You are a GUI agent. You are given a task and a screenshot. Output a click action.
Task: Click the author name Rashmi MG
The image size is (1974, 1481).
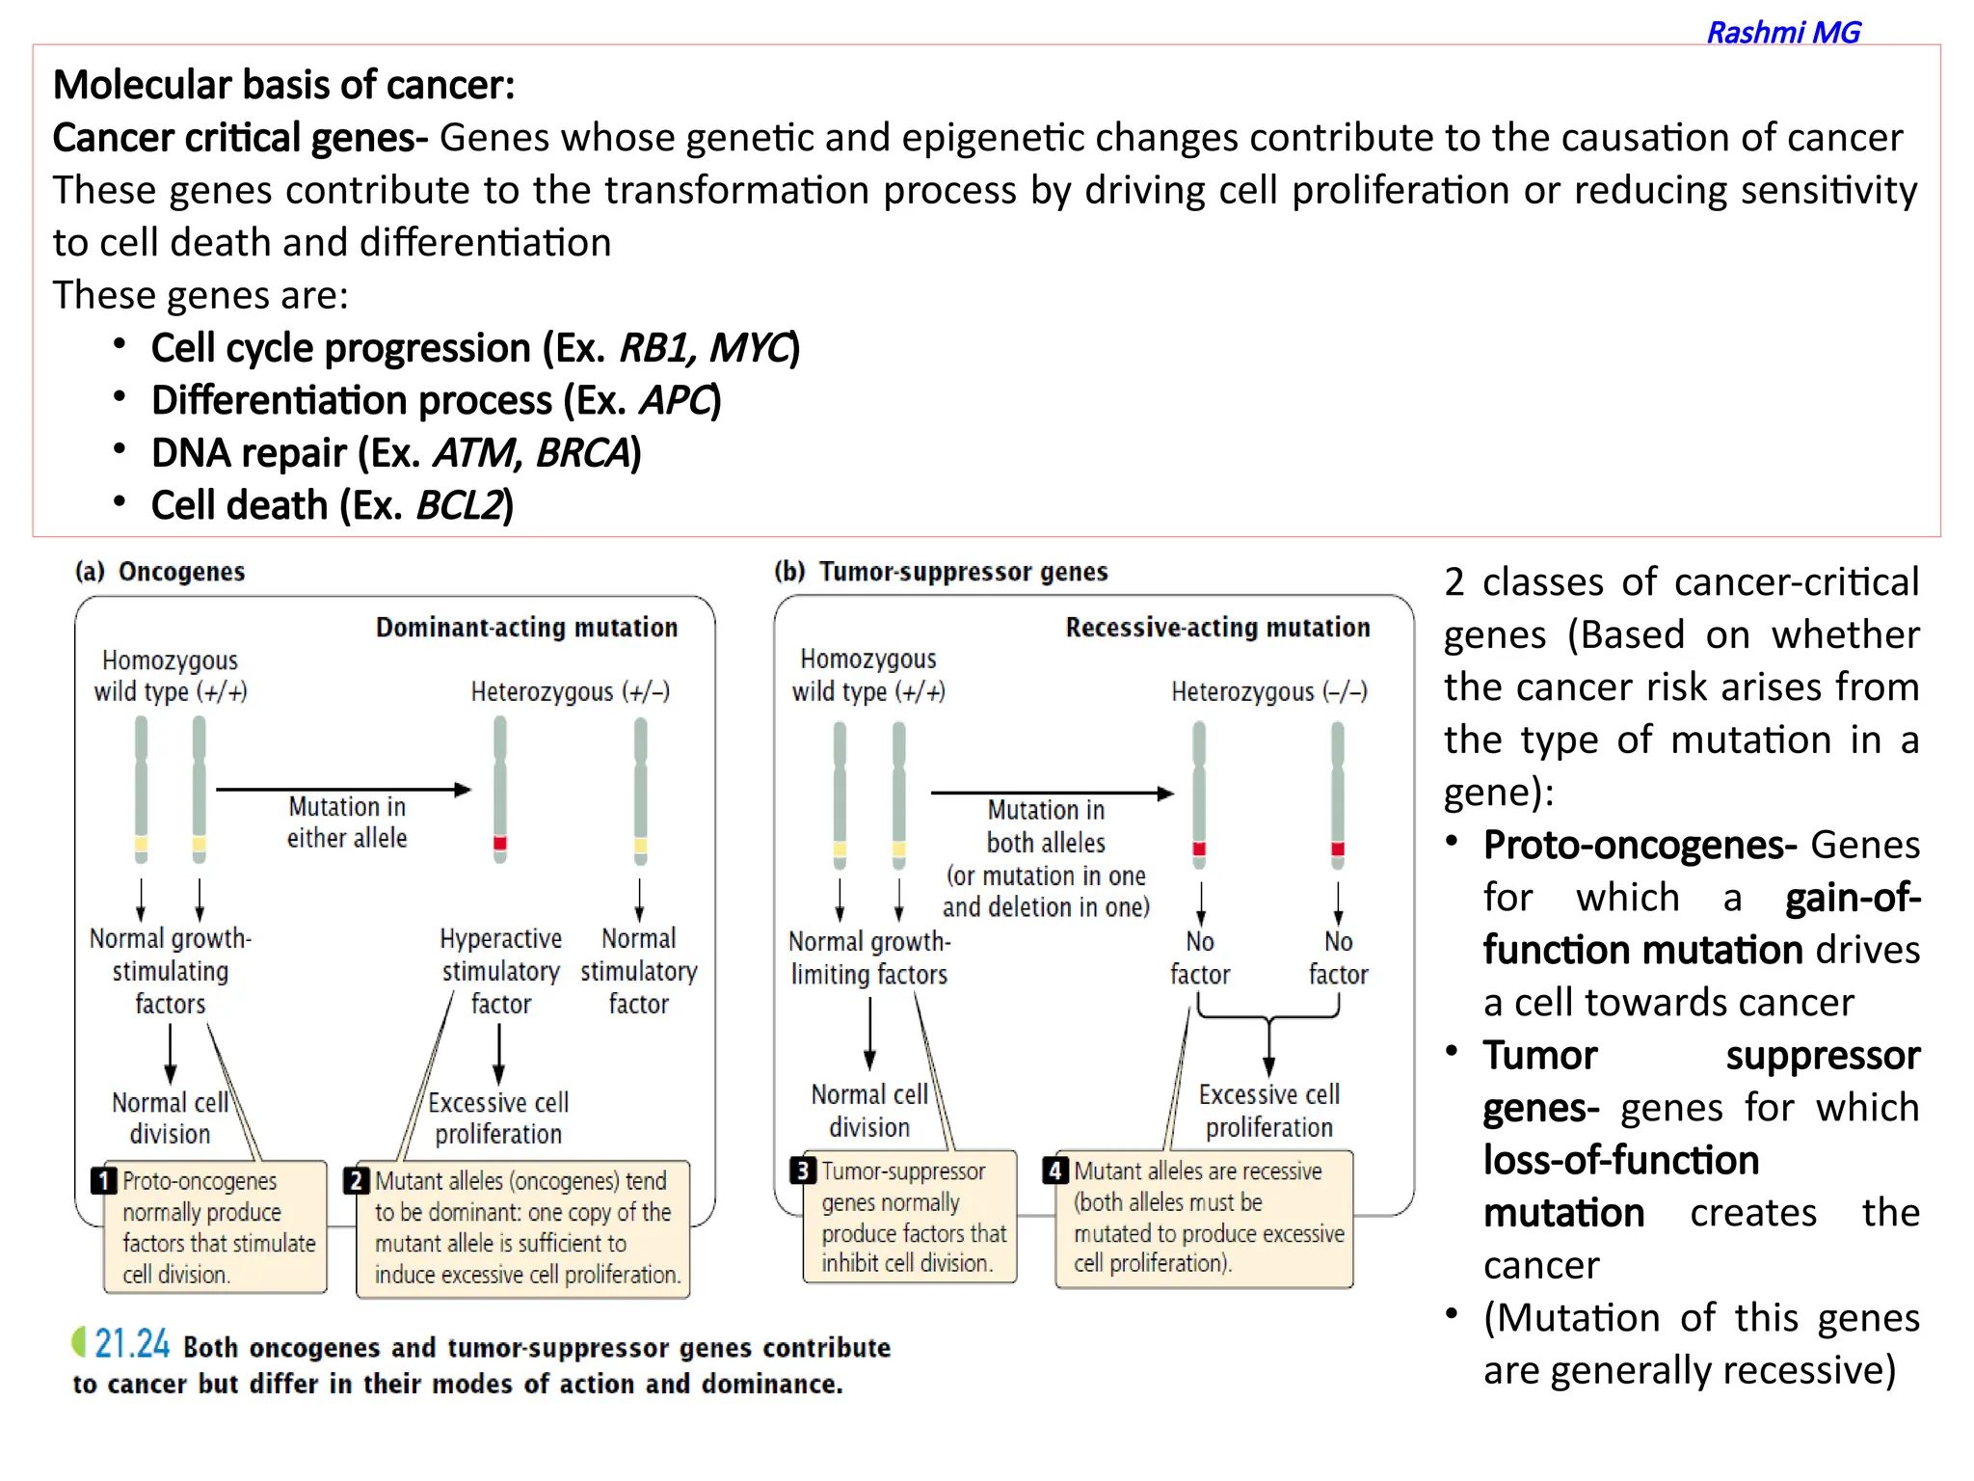(1782, 33)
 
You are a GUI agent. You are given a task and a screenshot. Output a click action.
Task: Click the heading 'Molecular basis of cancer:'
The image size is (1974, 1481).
(283, 85)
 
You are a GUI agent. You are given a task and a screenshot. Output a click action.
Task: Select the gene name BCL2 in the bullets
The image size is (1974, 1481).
(460, 505)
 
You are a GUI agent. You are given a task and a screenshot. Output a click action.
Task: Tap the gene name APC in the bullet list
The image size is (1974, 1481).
(675, 400)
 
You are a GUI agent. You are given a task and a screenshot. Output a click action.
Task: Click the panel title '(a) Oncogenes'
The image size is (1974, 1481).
(160, 572)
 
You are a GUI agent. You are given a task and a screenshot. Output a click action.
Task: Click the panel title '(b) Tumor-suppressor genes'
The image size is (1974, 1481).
(941, 572)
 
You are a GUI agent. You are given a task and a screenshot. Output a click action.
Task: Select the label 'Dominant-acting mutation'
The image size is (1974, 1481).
(526, 628)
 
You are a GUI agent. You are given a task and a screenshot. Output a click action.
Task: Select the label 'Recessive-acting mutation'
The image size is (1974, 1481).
(1217, 628)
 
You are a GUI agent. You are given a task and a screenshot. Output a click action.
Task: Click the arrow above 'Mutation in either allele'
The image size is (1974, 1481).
(343, 790)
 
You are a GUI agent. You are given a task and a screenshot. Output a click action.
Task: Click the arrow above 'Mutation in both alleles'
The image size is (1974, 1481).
(1052, 794)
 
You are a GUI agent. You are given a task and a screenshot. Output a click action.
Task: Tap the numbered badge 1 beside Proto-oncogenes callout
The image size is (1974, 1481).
(103, 1181)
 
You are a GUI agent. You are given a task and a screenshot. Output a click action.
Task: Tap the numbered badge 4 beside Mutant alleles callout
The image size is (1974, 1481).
(1055, 1171)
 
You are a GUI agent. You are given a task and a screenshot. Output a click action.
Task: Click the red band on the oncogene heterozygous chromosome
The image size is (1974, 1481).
(499, 844)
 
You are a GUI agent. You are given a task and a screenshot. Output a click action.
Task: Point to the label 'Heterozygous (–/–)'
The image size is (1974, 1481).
(1268, 691)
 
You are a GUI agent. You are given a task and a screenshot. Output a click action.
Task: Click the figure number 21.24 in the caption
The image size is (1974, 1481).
(131, 1344)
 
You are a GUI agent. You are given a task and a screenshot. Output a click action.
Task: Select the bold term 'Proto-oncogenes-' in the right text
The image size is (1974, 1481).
(1639, 846)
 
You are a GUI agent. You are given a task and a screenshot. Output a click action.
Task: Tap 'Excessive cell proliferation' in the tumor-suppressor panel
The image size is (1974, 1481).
(1268, 1111)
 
